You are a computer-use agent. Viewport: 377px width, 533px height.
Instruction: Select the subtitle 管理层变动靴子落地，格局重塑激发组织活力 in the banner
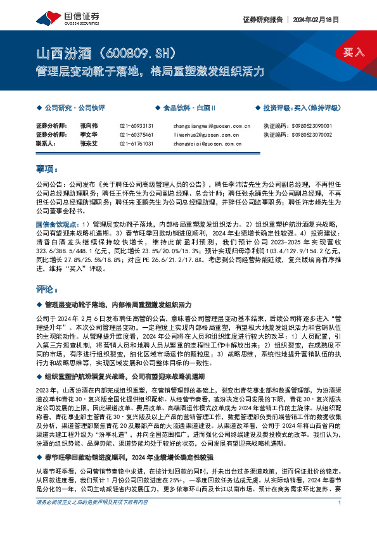click(150, 72)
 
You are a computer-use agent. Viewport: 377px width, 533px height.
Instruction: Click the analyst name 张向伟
click(87, 126)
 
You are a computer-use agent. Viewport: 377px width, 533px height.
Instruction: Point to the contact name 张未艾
click(87, 144)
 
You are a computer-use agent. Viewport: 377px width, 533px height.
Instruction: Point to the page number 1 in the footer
click(341, 520)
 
